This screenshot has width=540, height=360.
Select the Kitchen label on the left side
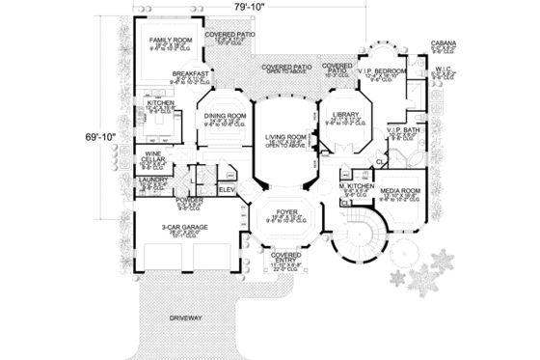point(160,100)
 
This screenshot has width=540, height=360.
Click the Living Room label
point(286,138)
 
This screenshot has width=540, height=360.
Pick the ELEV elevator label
point(228,189)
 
